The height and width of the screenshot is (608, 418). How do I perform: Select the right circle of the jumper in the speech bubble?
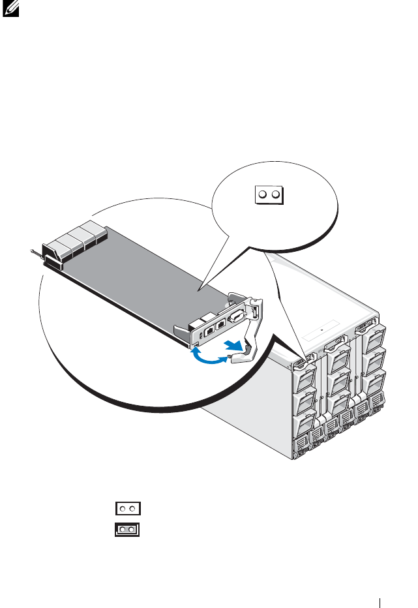tap(275, 194)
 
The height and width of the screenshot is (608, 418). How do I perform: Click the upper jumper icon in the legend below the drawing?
tap(128, 508)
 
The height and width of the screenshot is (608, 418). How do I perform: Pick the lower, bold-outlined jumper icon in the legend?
tap(128, 529)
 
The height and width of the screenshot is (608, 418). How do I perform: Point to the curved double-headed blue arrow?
tap(211, 356)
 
